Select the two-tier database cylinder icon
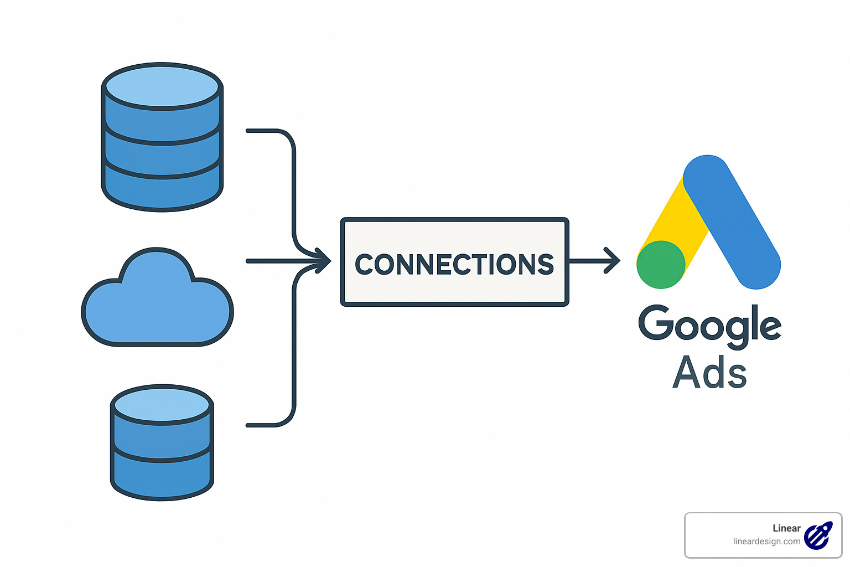(162, 443)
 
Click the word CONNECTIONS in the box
(454, 264)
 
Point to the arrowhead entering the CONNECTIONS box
(324, 261)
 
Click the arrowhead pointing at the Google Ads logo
(613, 261)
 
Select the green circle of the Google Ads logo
(661, 265)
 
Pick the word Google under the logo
(709, 325)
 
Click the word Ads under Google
(709, 372)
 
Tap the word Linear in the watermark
(786, 528)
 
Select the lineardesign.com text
(766, 542)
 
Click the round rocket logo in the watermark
(818, 535)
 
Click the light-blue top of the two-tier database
(162, 405)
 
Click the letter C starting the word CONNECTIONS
(365, 265)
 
